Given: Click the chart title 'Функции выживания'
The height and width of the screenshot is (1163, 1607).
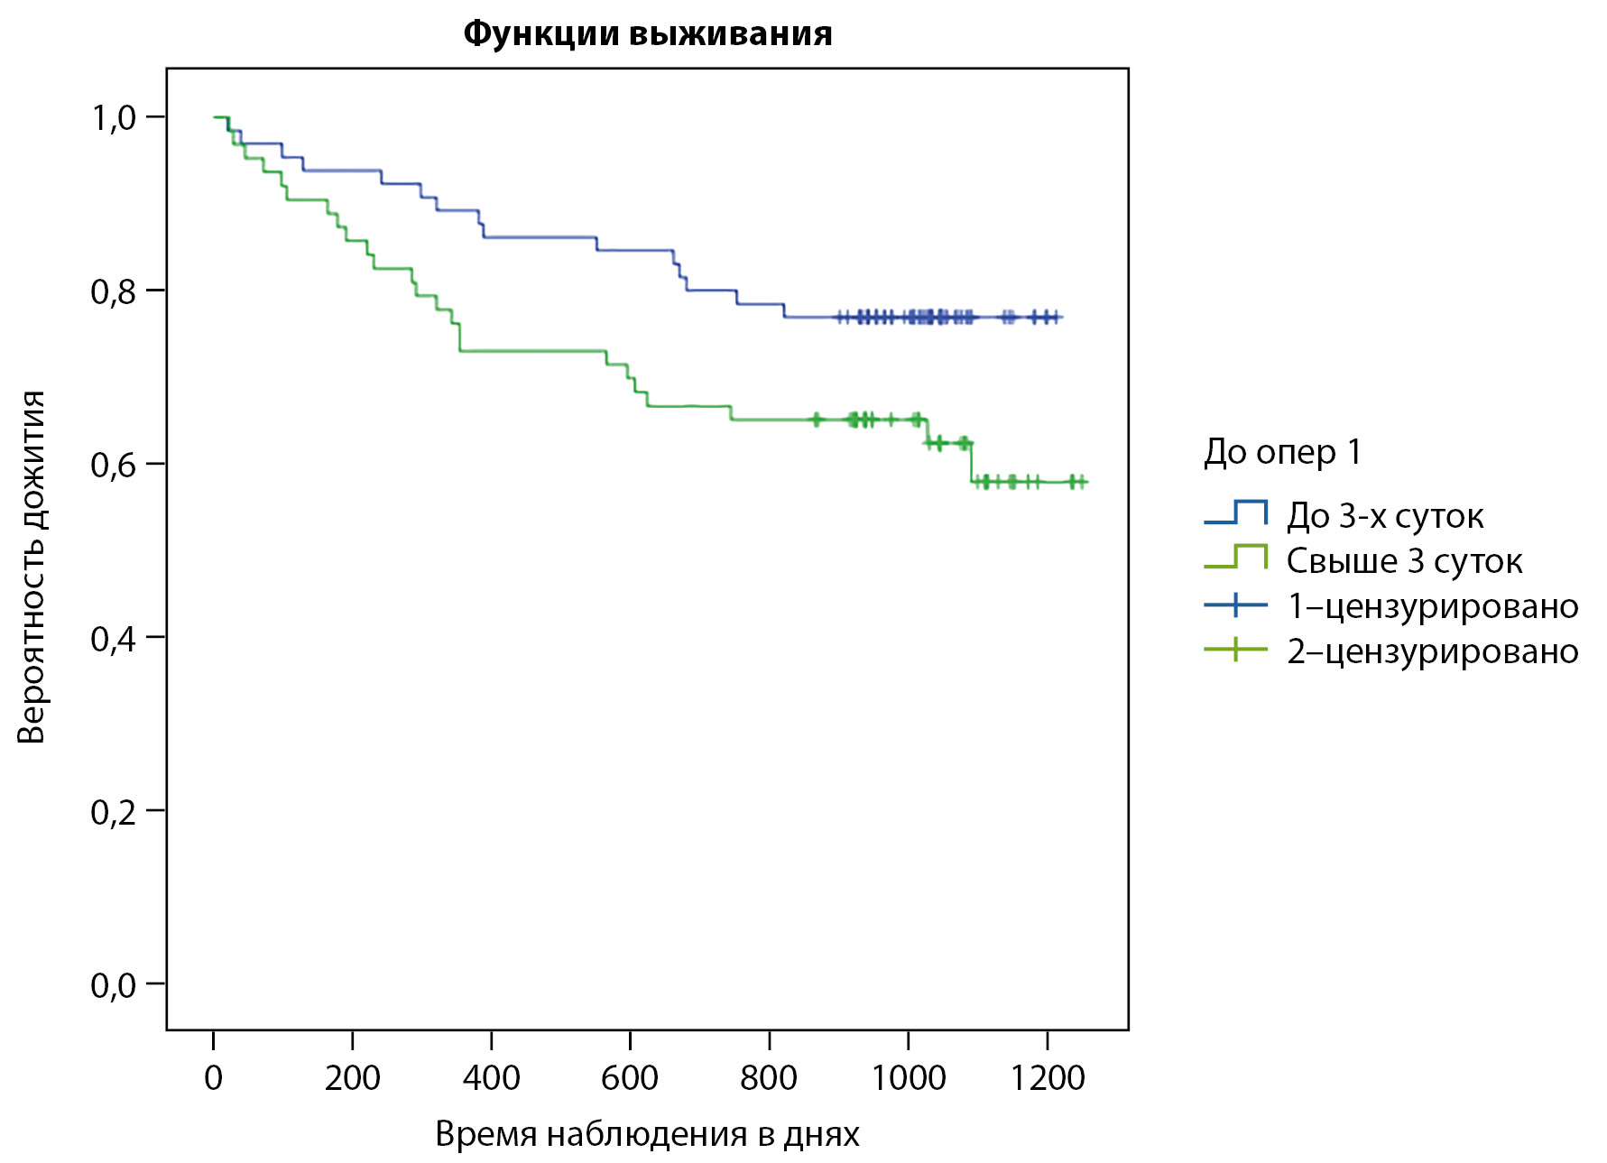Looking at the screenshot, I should coord(647,34).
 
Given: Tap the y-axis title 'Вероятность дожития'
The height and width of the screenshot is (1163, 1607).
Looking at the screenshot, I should coord(32,567).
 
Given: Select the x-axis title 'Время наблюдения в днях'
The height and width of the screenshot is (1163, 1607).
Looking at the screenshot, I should coord(647,1134).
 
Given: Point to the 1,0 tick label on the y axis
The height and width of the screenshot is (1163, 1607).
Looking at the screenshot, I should coord(114,117).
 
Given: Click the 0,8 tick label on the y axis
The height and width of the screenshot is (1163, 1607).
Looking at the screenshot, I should coord(114,291).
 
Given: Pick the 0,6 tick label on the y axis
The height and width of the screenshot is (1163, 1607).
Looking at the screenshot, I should coord(114,465).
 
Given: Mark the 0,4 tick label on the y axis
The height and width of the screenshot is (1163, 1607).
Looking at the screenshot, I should coord(114,638).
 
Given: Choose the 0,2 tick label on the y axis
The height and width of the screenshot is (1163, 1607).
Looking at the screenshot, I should coord(114,811).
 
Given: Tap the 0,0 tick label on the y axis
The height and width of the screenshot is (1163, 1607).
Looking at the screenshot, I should coord(114,984).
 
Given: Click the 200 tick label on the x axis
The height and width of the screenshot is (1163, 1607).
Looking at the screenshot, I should coord(352,1077).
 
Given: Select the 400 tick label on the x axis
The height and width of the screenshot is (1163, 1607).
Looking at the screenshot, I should coord(491,1077).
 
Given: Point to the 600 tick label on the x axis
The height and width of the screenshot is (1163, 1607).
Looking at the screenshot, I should coord(630,1077).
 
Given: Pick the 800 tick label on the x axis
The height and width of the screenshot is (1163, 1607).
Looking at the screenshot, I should coord(769,1077).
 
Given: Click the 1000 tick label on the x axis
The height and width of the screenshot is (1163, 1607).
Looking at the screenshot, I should coord(908,1077).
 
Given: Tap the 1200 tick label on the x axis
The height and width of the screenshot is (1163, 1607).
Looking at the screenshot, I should coord(1047,1077).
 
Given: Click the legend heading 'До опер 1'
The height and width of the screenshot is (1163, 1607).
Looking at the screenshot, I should coord(1282,452).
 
